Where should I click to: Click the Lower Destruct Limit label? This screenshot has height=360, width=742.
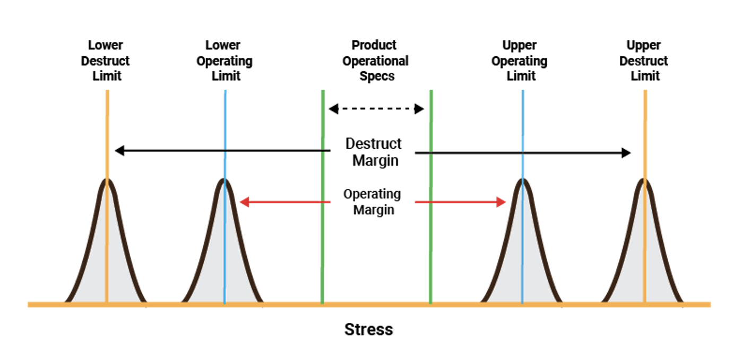tap(105, 61)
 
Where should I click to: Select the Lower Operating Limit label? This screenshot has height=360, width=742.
tap(225, 61)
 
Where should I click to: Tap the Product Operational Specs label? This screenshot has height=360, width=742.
tap(375, 61)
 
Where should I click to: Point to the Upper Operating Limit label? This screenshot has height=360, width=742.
tap(520, 61)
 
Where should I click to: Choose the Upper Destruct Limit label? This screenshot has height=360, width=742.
tap(644, 61)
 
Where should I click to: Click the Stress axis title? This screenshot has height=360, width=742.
tap(369, 330)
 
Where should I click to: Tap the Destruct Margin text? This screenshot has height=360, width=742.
tap(374, 152)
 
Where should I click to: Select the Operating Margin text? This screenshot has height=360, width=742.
tap(372, 202)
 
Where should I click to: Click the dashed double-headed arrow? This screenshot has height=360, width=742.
tap(376, 109)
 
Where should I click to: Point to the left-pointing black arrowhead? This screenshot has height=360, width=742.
tap(119, 150)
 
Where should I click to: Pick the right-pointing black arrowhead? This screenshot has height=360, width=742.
tap(626, 153)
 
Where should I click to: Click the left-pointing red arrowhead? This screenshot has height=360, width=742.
tap(245, 202)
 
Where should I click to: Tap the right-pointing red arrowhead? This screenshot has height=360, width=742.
tap(501, 202)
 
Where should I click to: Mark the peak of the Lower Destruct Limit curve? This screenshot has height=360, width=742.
tap(107, 180)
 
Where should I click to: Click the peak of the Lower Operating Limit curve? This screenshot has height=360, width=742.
tap(225, 180)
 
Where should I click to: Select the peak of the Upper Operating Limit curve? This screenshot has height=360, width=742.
tap(523, 180)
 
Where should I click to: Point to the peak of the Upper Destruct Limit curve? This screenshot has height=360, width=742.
tap(644, 180)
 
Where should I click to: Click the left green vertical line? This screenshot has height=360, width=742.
tap(323, 196)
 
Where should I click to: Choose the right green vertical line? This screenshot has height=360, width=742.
tap(431, 196)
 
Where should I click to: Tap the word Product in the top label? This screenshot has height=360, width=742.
tap(374, 45)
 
